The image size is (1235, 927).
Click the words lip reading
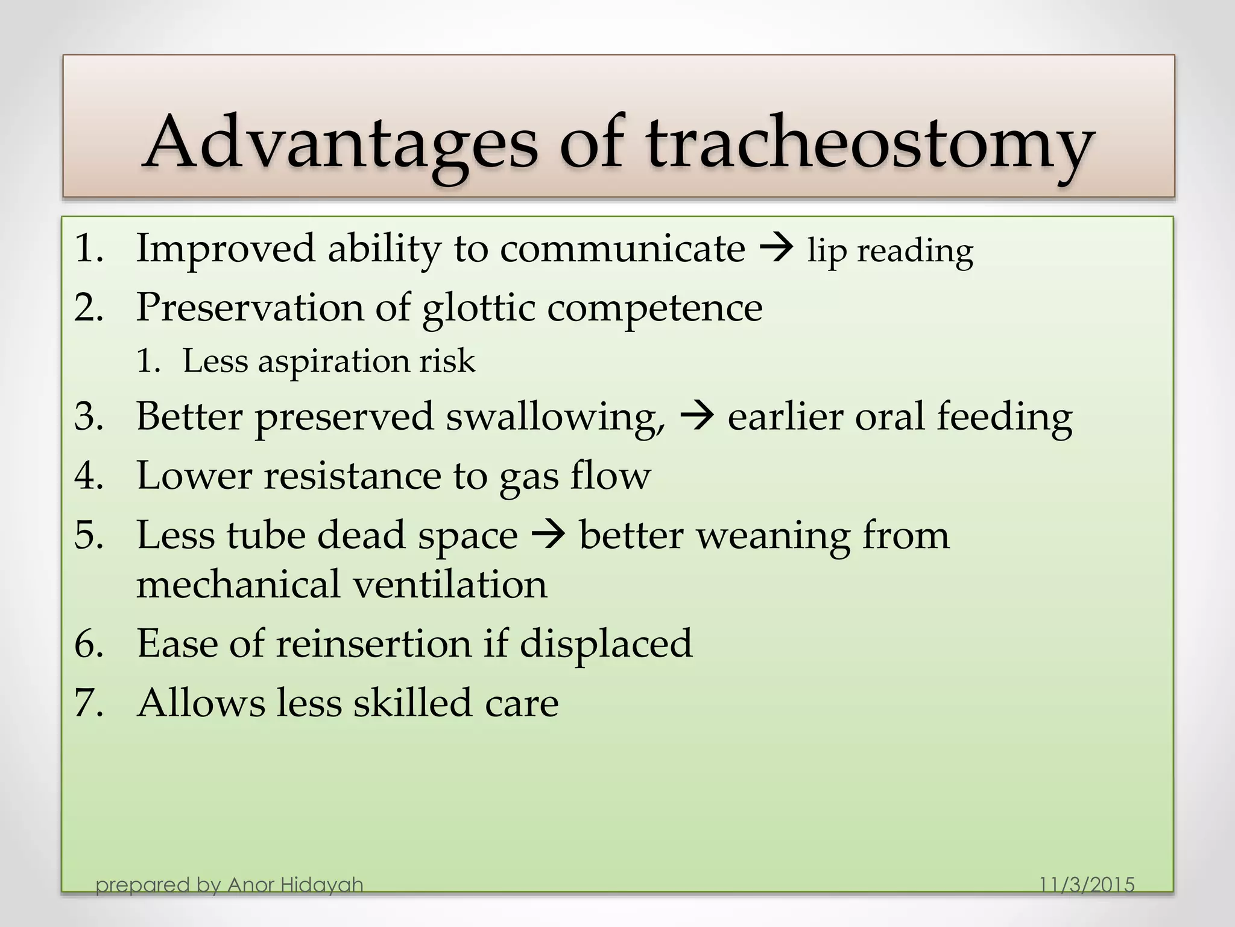890,250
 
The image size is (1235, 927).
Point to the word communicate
622,249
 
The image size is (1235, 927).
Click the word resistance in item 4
353,476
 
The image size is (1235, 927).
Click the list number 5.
89,535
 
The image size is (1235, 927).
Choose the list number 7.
89,703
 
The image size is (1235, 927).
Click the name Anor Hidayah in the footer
295,885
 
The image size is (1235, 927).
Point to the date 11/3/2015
1087,885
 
